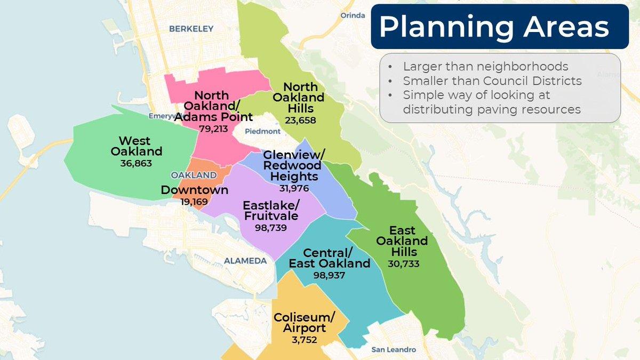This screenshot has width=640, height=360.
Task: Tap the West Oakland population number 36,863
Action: tap(136, 163)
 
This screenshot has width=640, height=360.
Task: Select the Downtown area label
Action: tap(195, 190)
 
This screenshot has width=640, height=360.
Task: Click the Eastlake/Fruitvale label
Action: tap(270, 211)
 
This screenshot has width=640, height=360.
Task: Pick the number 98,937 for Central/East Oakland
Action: tap(330, 275)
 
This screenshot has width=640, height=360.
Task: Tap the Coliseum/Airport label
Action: tap(304, 323)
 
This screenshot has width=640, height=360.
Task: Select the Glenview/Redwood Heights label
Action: tap(294, 165)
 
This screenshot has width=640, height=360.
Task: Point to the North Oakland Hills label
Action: tap(299, 98)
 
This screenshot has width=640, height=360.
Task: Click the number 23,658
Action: tap(300, 121)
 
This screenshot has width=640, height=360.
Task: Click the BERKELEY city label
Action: tap(191, 29)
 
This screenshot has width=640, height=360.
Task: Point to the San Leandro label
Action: tap(394, 350)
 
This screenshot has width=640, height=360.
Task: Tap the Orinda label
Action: tap(353, 15)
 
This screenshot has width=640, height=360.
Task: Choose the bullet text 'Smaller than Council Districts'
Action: tap(492, 81)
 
